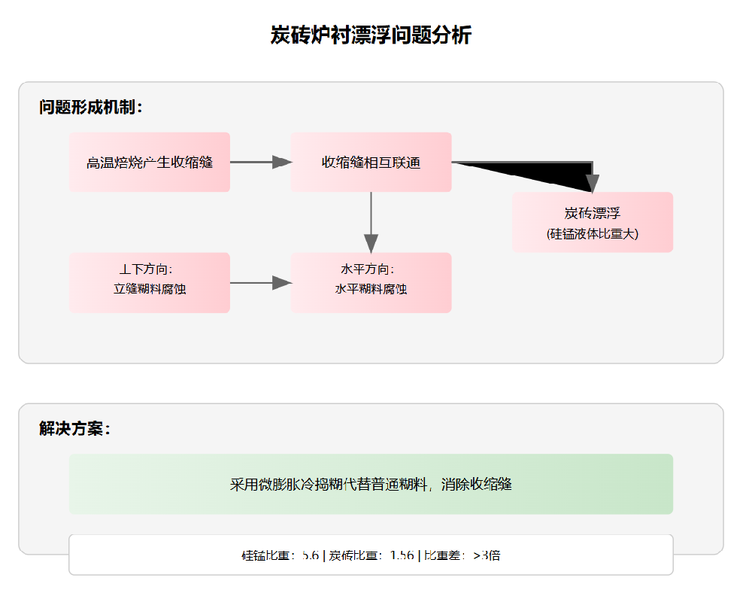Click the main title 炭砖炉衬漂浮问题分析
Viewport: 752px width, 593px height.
pyautogui.click(x=371, y=35)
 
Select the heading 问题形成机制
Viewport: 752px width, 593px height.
pyautogui.click(x=90, y=108)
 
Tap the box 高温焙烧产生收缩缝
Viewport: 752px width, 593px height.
pyautogui.click(x=150, y=163)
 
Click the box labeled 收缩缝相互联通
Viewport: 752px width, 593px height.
pyautogui.click(x=371, y=163)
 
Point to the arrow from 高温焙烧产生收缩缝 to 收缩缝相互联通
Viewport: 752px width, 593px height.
pyautogui.click(x=260, y=162)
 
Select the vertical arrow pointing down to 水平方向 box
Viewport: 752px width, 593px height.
pyautogui.click(x=371, y=223)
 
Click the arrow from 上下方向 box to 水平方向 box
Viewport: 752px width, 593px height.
pyautogui.click(x=260, y=283)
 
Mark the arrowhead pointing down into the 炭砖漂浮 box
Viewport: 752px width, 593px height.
pyautogui.click(x=592, y=183)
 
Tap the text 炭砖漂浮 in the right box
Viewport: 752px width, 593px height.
pyautogui.click(x=593, y=214)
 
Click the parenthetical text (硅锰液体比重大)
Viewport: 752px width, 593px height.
pyautogui.click(x=593, y=234)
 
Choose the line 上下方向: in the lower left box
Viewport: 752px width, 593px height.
pyautogui.click(x=150, y=269)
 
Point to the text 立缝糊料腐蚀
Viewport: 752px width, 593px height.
pyautogui.click(x=150, y=289)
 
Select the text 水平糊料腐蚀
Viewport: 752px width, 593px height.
pyautogui.click(x=371, y=289)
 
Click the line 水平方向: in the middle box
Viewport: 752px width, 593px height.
pyautogui.click(x=371, y=269)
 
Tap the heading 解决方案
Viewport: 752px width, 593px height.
pyautogui.click(x=74, y=429)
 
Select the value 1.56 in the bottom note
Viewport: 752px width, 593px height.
pyautogui.click(x=402, y=556)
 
